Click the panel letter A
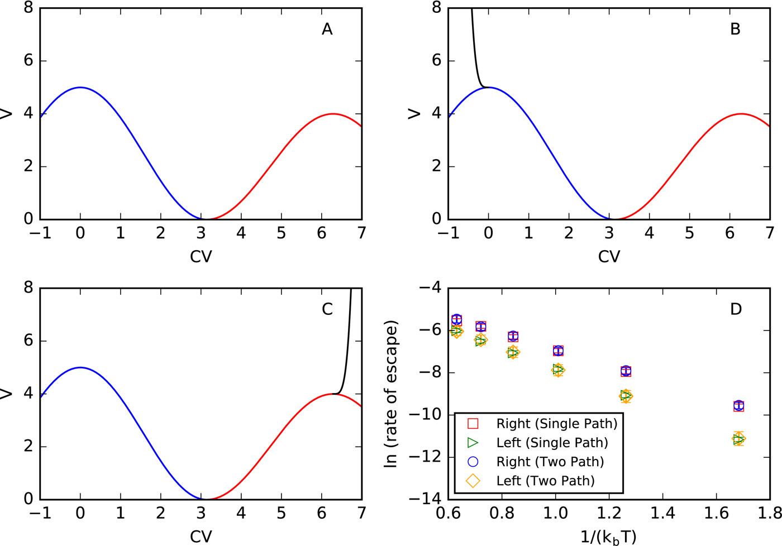(x=327, y=29)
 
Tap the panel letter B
(x=735, y=29)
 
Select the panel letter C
(x=327, y=309)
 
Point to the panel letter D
(x=736, y=309)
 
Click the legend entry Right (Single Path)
(x=556, y=424)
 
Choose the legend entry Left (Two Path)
(x=545, y=481)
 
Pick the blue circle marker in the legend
(x=473, y=462)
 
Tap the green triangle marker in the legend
(x=473, y=443)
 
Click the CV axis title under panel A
(x=201, y=256)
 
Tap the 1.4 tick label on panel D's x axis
(x=662, y=513)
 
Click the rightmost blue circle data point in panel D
(x=739, y=406)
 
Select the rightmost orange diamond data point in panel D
(x=739, y=439)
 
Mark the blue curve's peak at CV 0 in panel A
(x=80, y=87)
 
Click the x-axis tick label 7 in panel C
(x=361, y=513)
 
